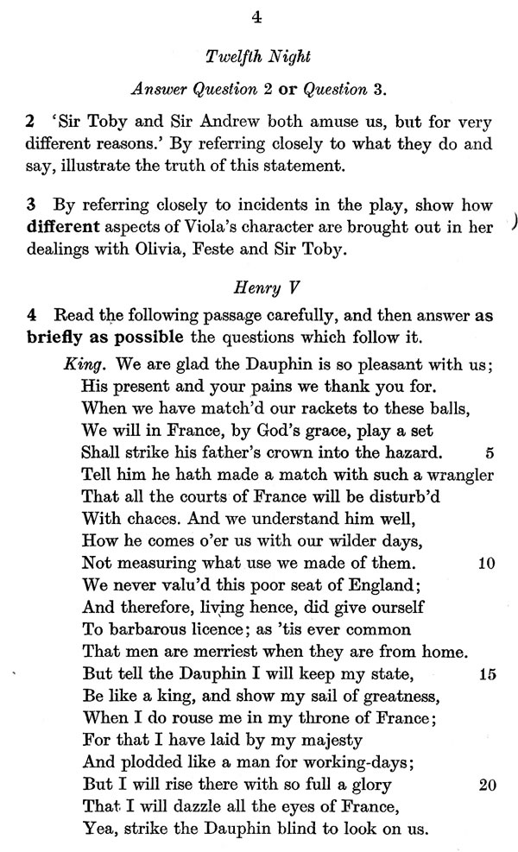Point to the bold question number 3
coord(30,205)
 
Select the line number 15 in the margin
coord(485,675)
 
